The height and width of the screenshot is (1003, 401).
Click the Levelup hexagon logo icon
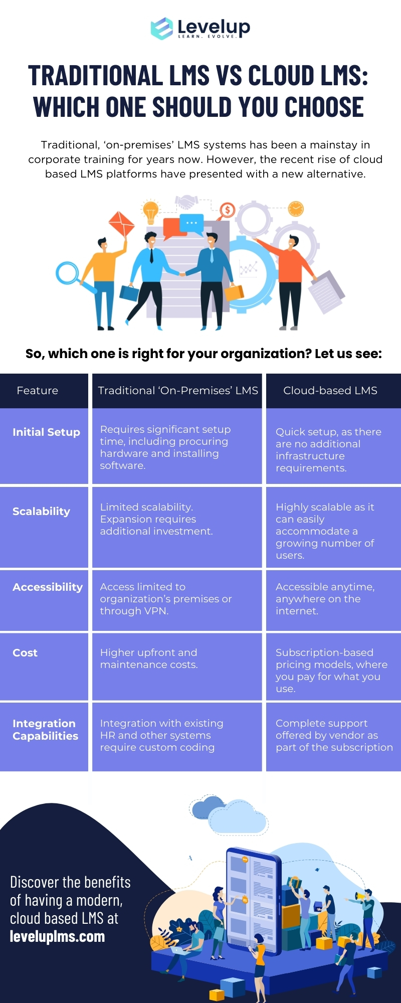coord(162,29)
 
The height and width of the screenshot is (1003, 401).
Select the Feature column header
coord(38,391)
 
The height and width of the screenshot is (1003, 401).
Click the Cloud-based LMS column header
coord(330,391)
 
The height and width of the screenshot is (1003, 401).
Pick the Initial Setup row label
coord(46,432)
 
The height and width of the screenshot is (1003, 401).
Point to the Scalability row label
coord(41,512)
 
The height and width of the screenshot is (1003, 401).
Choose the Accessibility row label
coord(48,587)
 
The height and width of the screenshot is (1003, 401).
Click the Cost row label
coord(25,653)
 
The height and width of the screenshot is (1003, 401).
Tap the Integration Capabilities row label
coord(45,730)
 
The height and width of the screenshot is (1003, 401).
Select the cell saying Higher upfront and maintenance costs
coord(149,658)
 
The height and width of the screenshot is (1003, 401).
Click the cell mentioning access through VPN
coord(165,599)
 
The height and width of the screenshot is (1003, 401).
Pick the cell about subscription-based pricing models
coord(331,671)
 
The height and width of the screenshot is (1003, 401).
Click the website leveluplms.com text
coord(57,936)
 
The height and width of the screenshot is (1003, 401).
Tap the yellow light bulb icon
coord(150,211)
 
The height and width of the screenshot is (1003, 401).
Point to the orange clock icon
coord(296,208)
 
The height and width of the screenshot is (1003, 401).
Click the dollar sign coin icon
coord(227,210)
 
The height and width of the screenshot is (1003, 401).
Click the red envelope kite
coord(122,224)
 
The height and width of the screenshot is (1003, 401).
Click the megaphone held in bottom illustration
coord(359,896)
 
